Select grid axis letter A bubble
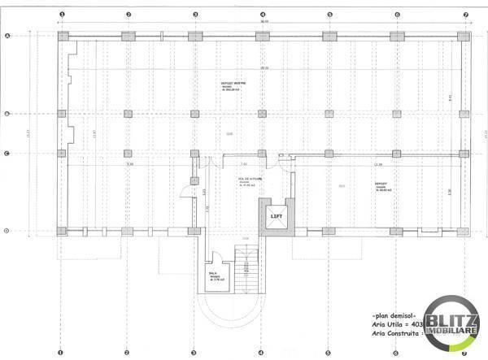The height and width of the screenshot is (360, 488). [7, 36]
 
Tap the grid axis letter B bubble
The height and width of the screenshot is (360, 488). [7, 114]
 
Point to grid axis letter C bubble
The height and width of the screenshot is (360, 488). [7, 154]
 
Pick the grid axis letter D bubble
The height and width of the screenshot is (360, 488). [7, 232]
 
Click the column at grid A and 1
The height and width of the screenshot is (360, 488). [62, 37]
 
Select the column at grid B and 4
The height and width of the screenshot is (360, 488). [262, 114]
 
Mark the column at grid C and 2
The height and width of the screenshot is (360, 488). [128, 154]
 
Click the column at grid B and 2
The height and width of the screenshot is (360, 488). [128, 114]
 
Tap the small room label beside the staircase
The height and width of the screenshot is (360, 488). [214, 276]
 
